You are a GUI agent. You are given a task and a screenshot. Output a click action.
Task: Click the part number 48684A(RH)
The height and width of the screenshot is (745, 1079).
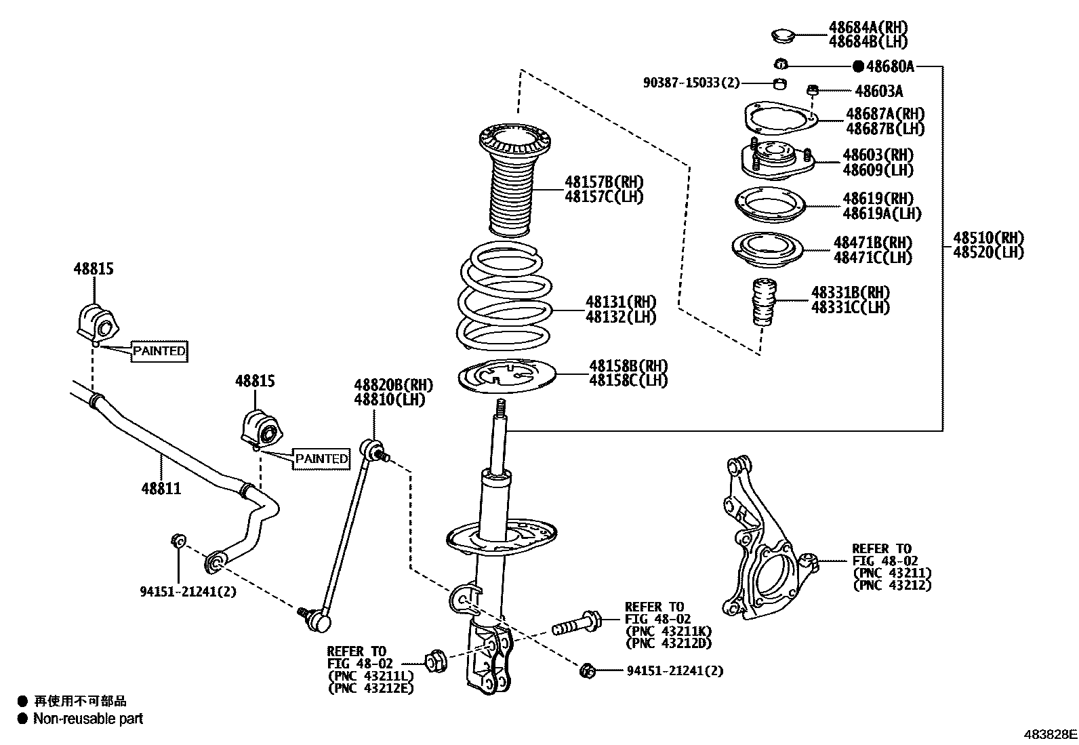pos(868,27)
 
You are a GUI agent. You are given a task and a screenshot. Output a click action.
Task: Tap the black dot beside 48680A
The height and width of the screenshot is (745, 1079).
pos(858,66)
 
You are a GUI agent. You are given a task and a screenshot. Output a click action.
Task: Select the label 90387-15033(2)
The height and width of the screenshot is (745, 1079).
pos(691,83)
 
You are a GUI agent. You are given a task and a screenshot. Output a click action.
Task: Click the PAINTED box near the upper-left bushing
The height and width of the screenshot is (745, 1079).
pos(159,351)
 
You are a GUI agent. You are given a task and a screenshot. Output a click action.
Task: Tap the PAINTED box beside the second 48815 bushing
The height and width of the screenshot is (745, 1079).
pos(321,459)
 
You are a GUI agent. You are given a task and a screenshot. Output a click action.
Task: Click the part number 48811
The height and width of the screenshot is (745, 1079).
pos(161,487)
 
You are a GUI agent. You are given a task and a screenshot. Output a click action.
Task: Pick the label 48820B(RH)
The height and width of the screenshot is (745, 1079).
pos(393,385)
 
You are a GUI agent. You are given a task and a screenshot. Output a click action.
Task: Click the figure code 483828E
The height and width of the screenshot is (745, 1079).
pos(1050,734)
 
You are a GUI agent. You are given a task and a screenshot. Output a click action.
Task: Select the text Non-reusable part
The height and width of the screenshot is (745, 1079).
pos(88,719)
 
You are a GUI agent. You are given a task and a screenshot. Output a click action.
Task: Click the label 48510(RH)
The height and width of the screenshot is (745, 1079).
pos(988,238)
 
